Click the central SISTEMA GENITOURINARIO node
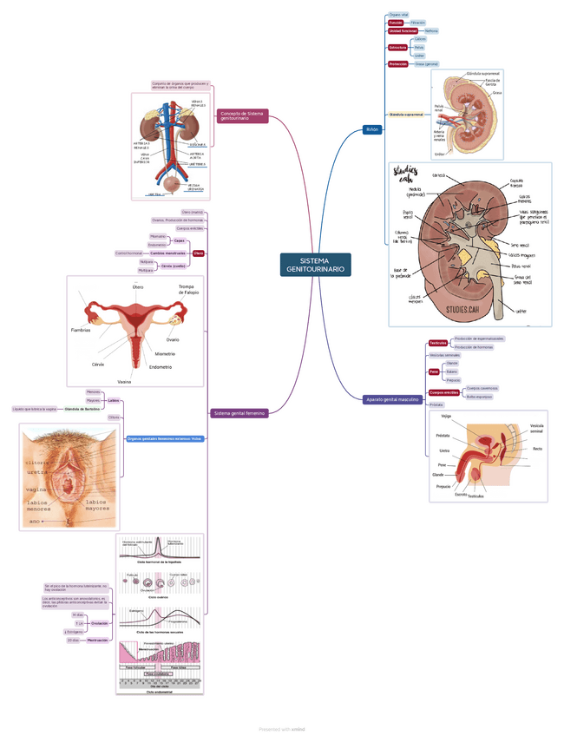316,266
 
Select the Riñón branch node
372,128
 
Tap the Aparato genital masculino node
392,399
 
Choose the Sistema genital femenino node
239,414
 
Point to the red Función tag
395,22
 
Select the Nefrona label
431,30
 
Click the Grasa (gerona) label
426,63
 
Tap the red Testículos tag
438,343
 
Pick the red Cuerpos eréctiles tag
443,392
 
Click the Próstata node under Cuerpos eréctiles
436,404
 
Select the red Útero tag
199,253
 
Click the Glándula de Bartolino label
82,408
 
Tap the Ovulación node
100,622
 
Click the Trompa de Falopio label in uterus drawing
188,289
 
